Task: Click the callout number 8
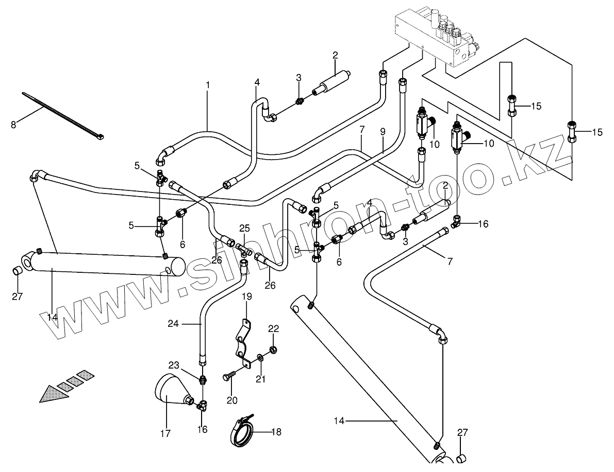(13, 124)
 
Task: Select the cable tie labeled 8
(62, 115)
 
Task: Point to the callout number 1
(208, 83)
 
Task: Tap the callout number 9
(383, 131)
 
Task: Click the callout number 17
(165, 433)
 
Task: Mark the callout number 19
(247, 296)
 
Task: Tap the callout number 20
(233, 400)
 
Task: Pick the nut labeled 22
(274, 350)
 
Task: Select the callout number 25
(244, 228)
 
